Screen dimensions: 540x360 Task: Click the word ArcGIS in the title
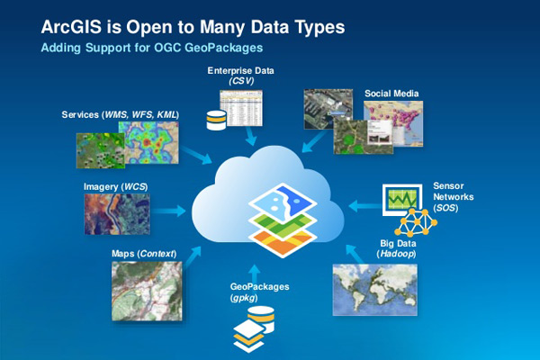pos(71,27)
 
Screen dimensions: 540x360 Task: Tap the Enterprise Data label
pos(240,70)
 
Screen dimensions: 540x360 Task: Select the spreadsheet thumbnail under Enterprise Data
pos(241,108)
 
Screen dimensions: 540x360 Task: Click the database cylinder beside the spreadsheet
pos(216,120)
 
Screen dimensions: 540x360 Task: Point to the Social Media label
pos(391,94)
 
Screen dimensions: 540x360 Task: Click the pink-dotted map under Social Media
pos(393,123)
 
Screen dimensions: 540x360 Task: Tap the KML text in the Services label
pos(167,114)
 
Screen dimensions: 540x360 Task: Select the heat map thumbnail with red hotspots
pos(148,142)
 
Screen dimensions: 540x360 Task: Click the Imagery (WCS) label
pos(116,186)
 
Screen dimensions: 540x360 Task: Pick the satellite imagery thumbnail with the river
pos(117,214)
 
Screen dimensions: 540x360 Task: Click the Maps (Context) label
pos(144,254)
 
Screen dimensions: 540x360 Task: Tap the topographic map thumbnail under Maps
pos(147,291)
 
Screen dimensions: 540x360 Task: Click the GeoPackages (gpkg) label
pos(259,292)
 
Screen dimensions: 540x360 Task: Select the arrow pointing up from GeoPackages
pos(254,274)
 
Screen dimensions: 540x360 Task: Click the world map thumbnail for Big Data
pos(375,290)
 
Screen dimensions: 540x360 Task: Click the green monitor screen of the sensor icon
pos(402,199)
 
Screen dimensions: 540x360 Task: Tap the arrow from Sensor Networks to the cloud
pos(365,206)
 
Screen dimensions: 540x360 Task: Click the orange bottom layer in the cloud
pos(283,242)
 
